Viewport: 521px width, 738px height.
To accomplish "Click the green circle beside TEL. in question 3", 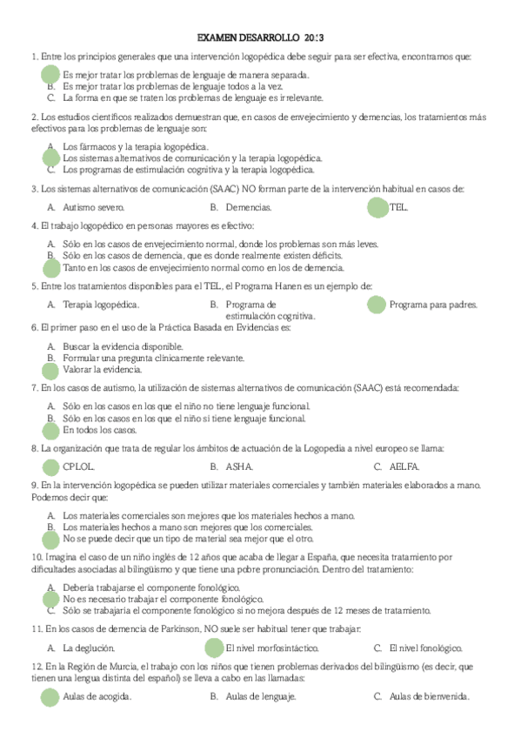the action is click(x=377, y=208).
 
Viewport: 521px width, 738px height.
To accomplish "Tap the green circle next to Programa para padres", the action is click(x=376, y=305).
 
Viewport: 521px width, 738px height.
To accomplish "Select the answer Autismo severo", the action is click(x=94, y=208).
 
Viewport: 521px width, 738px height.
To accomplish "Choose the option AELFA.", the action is click(x=405, y=466).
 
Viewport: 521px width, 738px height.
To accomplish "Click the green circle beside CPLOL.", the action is click(x=50, y=466).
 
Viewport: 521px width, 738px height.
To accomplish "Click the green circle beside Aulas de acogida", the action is click(x=50, y=696).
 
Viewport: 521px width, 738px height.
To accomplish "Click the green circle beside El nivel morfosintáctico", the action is click(x=213, y=648).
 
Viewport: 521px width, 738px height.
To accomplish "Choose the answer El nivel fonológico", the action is click(x=425, y=648).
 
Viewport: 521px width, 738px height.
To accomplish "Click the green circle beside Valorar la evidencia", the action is click(x=50, y=370).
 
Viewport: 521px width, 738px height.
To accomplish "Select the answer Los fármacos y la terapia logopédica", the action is click(x=136, y=146).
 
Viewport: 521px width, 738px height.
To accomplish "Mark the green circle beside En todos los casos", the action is click(x=50, y=430).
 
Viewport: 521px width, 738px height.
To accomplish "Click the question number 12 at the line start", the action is click(x=37, y=667).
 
